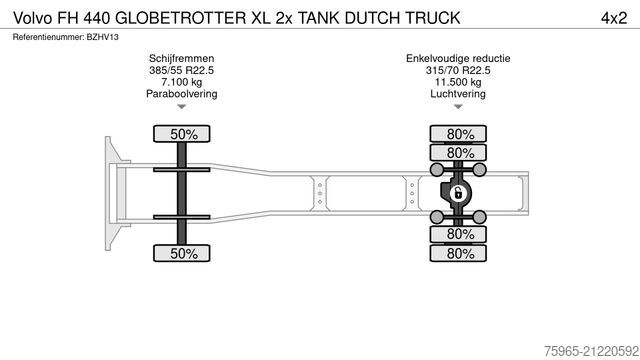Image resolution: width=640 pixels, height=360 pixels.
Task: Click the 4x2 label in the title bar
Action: [612, 18]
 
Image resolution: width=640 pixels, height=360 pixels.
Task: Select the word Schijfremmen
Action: [181, 60]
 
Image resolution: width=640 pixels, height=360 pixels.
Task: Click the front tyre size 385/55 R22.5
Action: [181, 71]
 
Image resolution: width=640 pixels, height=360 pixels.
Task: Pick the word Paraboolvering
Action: [181, 94]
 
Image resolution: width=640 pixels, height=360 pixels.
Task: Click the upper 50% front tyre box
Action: [181, 134]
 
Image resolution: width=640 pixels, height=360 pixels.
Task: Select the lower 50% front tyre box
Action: [181, 253]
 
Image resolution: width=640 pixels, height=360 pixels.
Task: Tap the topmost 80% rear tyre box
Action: [460, 134]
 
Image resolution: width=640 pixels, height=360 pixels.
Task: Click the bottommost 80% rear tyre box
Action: [460, 253]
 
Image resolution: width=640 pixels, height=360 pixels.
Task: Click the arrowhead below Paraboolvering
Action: [181, 107]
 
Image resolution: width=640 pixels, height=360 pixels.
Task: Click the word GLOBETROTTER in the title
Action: [180, 18]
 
